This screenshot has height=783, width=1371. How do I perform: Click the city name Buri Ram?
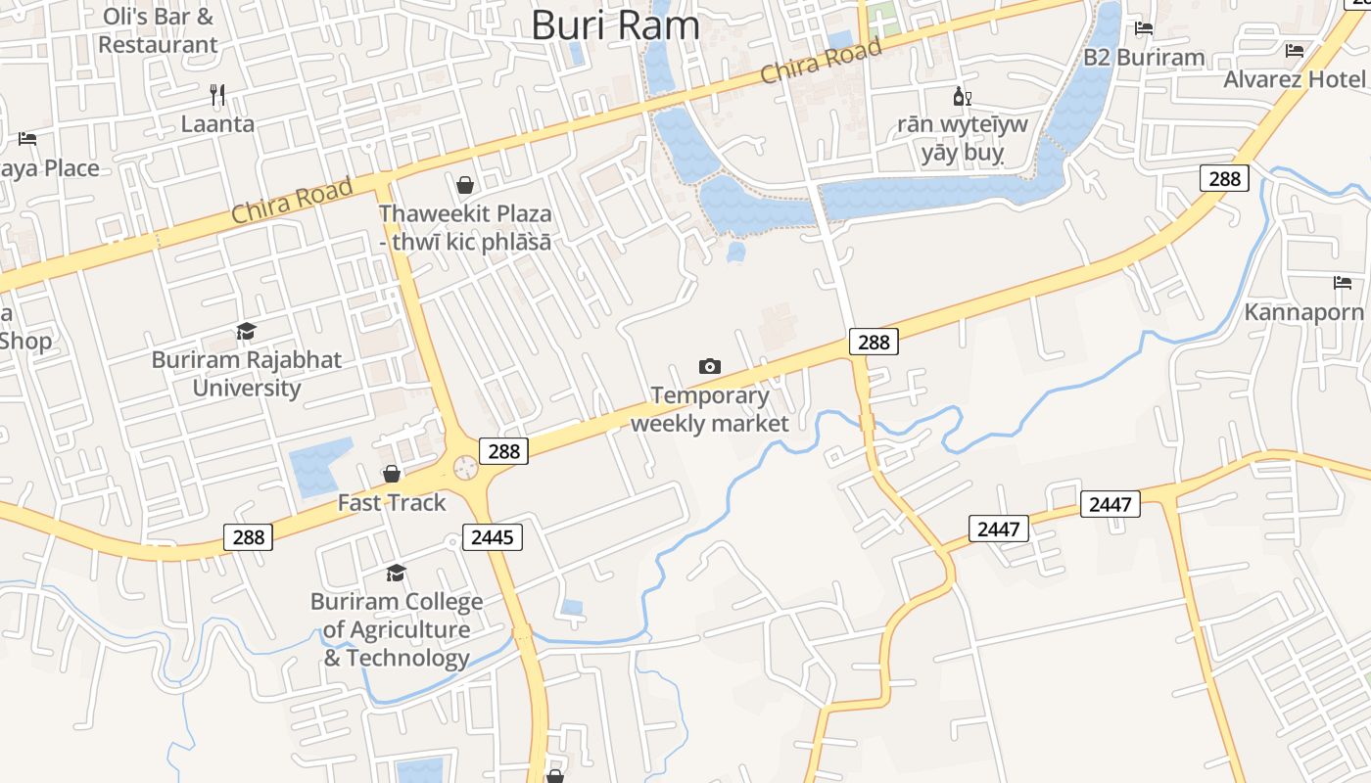point(615,25)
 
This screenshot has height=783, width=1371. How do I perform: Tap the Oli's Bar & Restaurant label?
point(158,30)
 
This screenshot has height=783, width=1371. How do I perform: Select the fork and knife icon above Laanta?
point(217,95)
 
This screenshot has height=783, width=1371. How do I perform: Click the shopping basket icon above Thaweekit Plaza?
point(465,184)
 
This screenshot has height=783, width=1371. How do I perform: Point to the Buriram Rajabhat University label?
point(247,373)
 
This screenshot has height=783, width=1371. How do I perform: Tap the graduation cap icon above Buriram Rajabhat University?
point(246,332)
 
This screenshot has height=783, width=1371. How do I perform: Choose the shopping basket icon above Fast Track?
point(392,474)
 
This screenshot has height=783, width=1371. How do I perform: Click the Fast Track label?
point(392,503)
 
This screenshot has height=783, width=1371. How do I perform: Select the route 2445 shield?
point(492,537)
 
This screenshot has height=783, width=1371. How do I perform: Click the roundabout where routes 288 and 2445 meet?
point(465,467)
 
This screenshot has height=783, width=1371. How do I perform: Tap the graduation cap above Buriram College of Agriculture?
point(396,573)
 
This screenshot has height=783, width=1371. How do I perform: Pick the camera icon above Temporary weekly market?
point(710,366)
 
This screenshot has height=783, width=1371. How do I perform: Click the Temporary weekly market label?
point(710,409)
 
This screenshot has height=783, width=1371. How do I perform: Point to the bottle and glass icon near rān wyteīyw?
point(962,96)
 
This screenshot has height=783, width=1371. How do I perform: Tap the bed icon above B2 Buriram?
point(1144,28)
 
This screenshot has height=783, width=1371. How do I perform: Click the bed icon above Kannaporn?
point(1342,283)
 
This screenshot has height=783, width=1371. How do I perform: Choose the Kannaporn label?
point(1303,312)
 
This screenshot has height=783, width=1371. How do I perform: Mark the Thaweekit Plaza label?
point(465,227)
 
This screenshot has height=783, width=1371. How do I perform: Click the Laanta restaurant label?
point(217,124)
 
